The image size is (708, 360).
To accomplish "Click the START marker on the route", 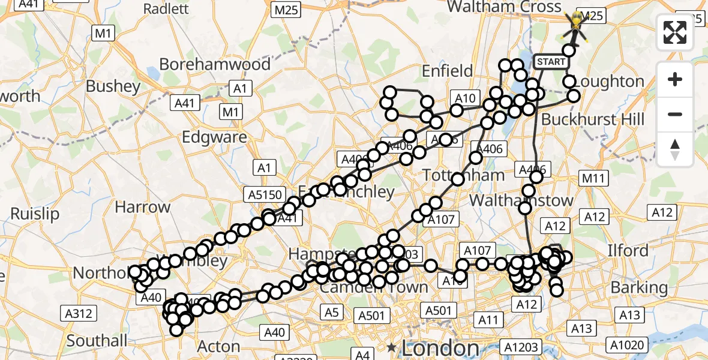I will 551,62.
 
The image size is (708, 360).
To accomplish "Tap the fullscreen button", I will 675,32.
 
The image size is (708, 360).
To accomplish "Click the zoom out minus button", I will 675,114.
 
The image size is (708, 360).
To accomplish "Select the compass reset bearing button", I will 675,149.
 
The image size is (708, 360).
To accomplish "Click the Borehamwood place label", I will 215,64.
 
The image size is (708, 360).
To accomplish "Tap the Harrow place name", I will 143,208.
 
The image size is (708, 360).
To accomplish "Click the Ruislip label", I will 35,214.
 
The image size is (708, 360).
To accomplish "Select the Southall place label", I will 97,341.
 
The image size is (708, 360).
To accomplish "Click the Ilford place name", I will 628,250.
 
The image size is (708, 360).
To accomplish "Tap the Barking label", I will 639,287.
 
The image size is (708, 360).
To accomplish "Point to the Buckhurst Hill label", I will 593,119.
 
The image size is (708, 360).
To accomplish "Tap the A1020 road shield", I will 628,345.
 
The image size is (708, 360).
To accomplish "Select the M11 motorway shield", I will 594,178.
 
